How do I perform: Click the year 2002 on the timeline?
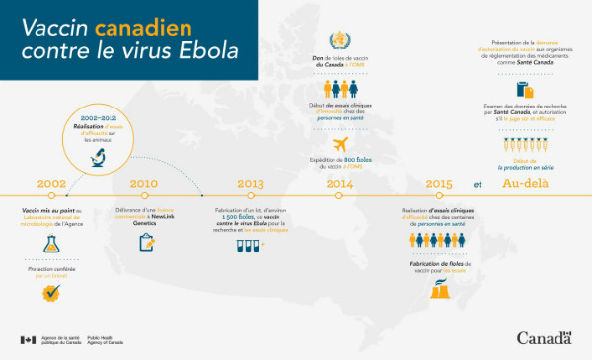[x=51, y=183]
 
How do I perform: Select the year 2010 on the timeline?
[x=144, y=183]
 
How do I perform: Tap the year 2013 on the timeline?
[x=251, y=183]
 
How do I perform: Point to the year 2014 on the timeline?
[x=338, y=183]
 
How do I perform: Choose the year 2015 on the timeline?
[x=439, y=183]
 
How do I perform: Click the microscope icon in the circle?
[x=101, y=154]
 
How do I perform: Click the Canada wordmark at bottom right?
[x=544, y=338]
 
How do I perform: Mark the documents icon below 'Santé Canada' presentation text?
[x=524, y=90]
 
